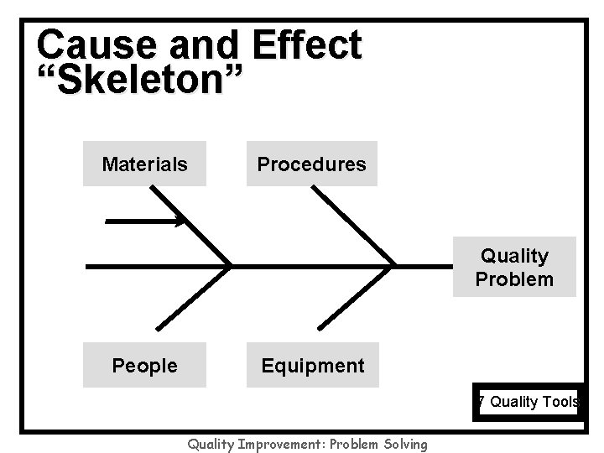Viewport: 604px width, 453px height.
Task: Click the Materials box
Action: click(x=144, y=164)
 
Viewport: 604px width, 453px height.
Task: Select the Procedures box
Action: click(x=312, y=164)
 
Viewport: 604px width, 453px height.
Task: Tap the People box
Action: click(x=144, y=365)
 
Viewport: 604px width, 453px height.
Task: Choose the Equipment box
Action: click(x=312, y=365)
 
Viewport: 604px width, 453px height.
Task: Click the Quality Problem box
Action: click(x=514, y=267)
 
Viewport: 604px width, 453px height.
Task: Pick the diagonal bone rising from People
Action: click(x=191, y=302)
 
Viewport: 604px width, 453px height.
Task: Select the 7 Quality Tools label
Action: click(x=526, y=402)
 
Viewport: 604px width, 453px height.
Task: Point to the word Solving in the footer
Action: click(x=404, y=444)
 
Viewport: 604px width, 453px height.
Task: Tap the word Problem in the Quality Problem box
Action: click(x=514, y=279)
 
